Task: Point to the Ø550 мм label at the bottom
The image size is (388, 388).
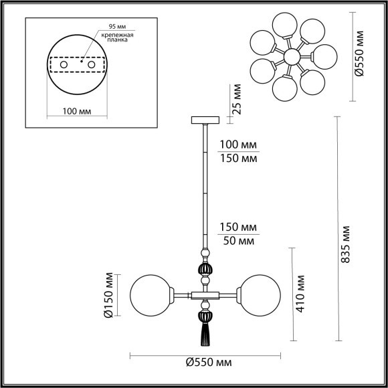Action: click(x=205, y=363)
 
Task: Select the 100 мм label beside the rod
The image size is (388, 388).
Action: click(x=239, y=145)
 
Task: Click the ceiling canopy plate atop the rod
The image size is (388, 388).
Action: click(x=205, y=120)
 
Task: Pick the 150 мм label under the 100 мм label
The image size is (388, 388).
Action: click(x=239, y=159)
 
